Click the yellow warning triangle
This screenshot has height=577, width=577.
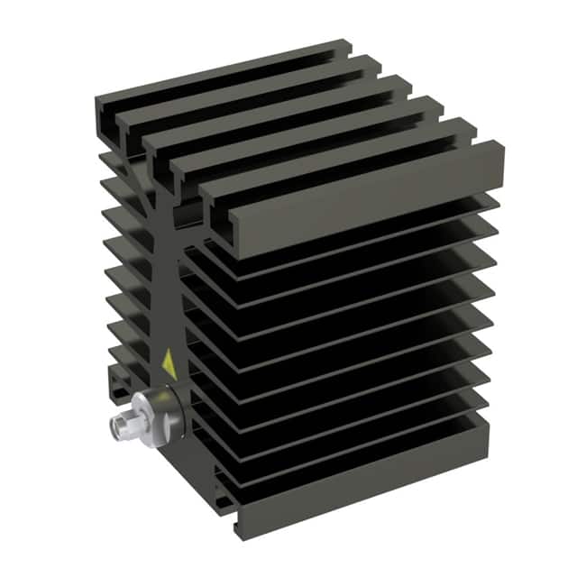168,364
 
